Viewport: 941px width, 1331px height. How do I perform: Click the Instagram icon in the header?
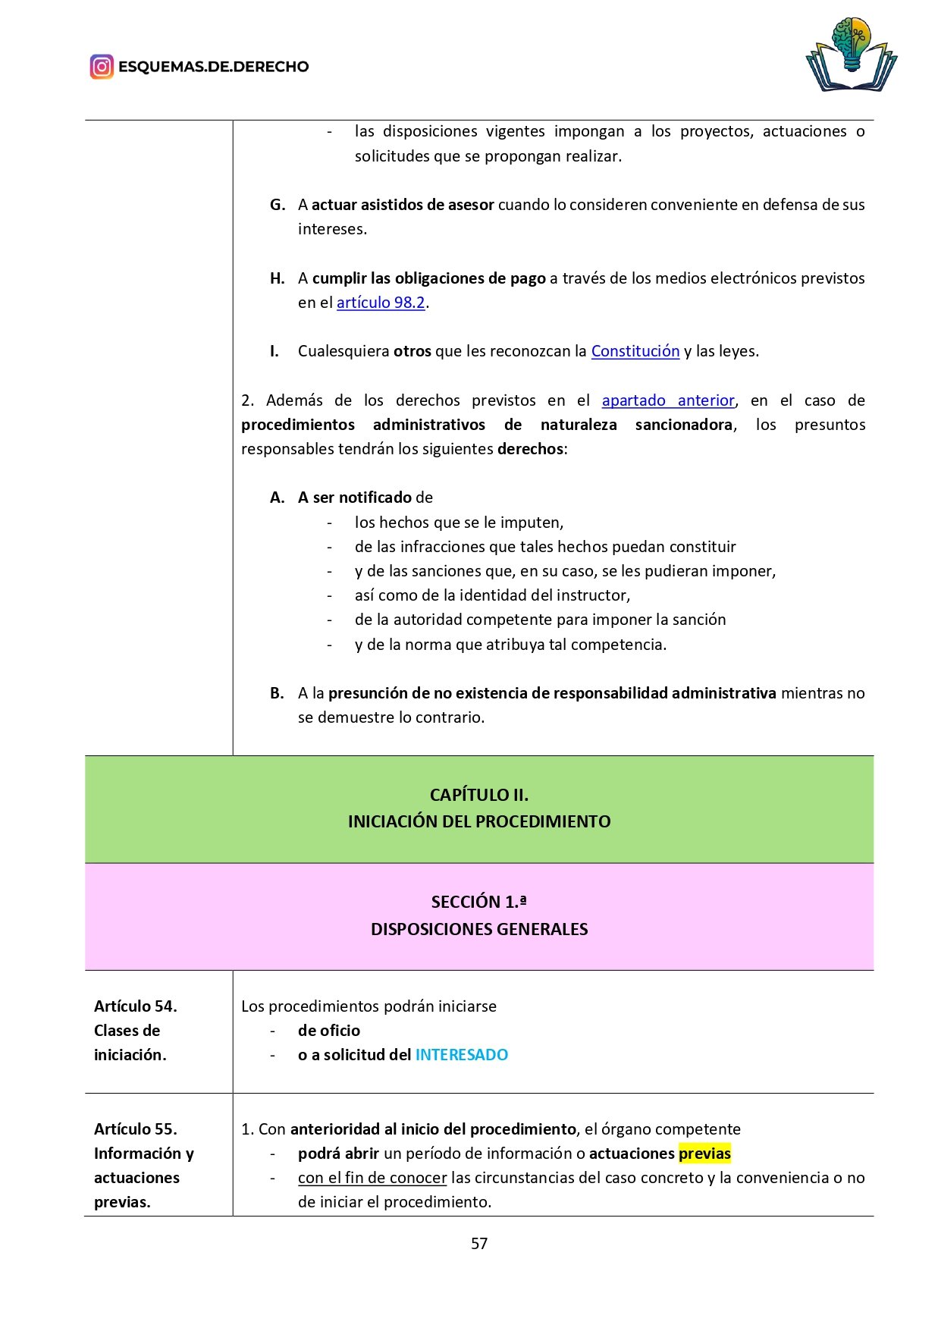click(102, 67)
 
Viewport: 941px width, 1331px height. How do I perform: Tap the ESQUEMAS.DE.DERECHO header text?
click(213, 67)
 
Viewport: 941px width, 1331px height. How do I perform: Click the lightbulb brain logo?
click(851, 55)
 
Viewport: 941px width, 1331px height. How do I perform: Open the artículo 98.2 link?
click(381, 303)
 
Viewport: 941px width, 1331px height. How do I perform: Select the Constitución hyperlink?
click(635, 351)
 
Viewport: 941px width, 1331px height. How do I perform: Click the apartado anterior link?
click(668, 400)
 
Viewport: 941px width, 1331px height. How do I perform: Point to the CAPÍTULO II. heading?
click(478, 795)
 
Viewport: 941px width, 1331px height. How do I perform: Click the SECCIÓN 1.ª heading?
click(478, 902)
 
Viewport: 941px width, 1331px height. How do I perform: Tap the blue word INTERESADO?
click(461, 1055)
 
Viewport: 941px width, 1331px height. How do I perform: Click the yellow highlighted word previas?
click(704, 1154)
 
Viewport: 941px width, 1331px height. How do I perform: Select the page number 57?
click(478, 1244)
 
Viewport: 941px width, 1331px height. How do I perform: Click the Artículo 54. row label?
click(136, 1006)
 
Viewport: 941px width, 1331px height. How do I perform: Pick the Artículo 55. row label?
click(136, 1129)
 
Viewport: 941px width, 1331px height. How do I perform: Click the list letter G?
click(278, 205)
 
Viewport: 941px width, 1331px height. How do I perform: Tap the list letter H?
click(278, 278)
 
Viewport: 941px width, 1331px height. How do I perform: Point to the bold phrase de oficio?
click(328, 1031)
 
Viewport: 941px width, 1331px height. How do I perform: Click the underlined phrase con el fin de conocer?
click(372, 1178)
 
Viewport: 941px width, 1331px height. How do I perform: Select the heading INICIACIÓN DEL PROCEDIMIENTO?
click(478, 821)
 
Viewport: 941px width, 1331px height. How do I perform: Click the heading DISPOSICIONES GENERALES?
click(478, 929)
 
